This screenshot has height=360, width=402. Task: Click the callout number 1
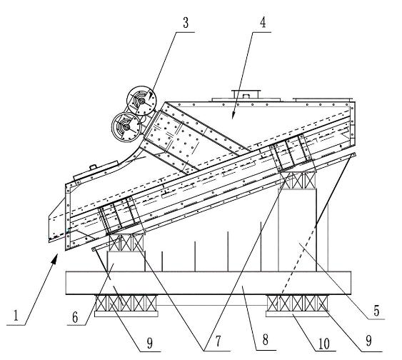click(16, 316)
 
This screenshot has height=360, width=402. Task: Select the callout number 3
click(186, 23)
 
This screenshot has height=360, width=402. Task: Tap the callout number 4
click(263, 22)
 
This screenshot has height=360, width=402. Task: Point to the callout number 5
click(376, 310)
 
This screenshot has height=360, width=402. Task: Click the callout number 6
click(75, 317)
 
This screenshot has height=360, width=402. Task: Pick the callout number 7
click(218, 341)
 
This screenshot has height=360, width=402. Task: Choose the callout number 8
click(266, 340)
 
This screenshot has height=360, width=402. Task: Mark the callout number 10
click(323, 344)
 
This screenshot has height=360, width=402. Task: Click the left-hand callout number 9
click(149, 343)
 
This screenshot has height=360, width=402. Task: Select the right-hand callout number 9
click(368, 341)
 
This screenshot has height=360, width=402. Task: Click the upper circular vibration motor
click(141, 101)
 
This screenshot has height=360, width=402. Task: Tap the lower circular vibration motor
click(126, 127)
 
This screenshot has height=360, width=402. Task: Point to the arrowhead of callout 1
click(54, 261)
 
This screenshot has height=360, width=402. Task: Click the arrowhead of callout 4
click(233, 116)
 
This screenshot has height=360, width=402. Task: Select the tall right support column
click(298, 230)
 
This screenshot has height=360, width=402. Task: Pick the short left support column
click(126, 261)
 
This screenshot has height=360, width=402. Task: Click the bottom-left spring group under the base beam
click(126, 303)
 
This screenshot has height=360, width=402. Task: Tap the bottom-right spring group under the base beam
click(298, 303)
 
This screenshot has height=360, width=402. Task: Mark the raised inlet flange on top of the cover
click(246, 94)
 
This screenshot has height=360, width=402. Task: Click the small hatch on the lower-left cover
click(96, 169)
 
